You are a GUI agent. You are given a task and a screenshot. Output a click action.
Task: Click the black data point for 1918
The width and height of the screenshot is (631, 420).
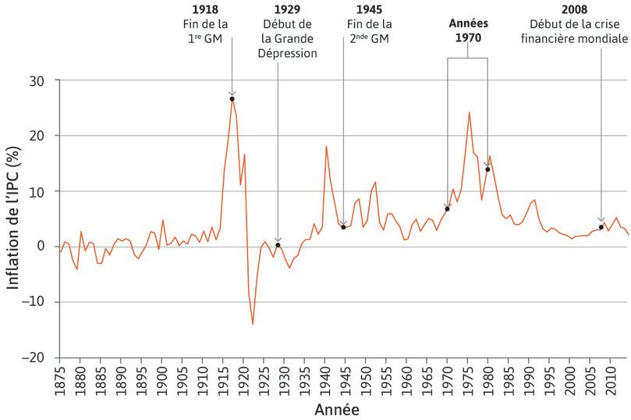coord(232,99)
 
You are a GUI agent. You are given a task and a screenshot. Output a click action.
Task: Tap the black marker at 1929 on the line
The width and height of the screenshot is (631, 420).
coord(278,245)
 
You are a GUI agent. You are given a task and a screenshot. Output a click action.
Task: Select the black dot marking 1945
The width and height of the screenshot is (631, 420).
coord(343,227)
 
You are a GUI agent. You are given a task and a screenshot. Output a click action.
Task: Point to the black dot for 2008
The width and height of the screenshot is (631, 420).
coord(601,227)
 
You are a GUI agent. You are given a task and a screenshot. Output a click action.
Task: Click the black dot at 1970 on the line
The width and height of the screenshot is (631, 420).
coord(447,208)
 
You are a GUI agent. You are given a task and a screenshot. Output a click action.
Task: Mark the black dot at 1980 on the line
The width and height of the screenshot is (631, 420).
coord(487,169)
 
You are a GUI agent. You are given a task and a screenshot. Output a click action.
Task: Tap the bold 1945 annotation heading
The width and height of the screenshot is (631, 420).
coord(368,10)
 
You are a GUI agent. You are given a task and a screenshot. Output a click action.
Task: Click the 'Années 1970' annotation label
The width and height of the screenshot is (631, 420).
coord(468,30)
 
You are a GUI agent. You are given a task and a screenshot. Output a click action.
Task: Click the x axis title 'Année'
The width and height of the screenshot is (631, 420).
coord(337,409)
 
